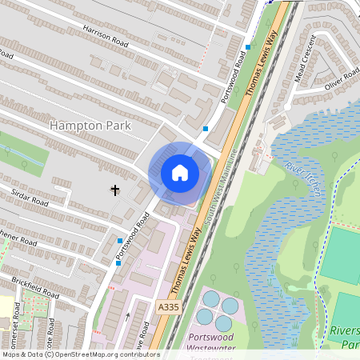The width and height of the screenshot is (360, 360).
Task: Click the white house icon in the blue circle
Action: [180, 173]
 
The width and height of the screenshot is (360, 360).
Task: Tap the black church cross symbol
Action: [114, 190]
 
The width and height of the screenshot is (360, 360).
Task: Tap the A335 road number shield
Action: [168, 307]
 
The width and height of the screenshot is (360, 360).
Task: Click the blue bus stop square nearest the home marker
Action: [206, 128]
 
